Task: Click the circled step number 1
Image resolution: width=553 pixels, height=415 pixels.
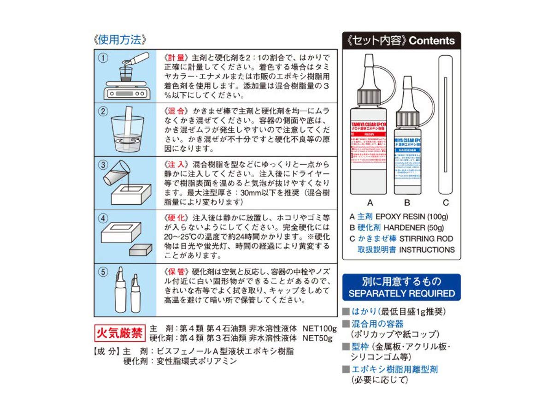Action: (x=105, y=58)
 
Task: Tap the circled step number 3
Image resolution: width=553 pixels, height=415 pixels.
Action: (x=105, y=165)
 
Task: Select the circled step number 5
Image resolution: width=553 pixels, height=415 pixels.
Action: (x=105, y=272)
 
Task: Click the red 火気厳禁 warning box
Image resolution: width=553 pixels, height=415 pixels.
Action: (x=120, y=332)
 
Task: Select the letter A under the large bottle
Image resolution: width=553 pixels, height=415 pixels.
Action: (x=369, y=202)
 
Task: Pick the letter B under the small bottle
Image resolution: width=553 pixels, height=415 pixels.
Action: (x=407, y=202)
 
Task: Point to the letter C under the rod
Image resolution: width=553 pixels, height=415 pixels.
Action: (x=445, y=202)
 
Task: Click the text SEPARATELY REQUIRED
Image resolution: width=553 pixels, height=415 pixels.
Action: (x=401, y=294)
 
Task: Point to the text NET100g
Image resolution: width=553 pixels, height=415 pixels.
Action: (x=319, y=329)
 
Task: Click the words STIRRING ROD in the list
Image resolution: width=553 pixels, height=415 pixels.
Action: (x=426, y=239)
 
